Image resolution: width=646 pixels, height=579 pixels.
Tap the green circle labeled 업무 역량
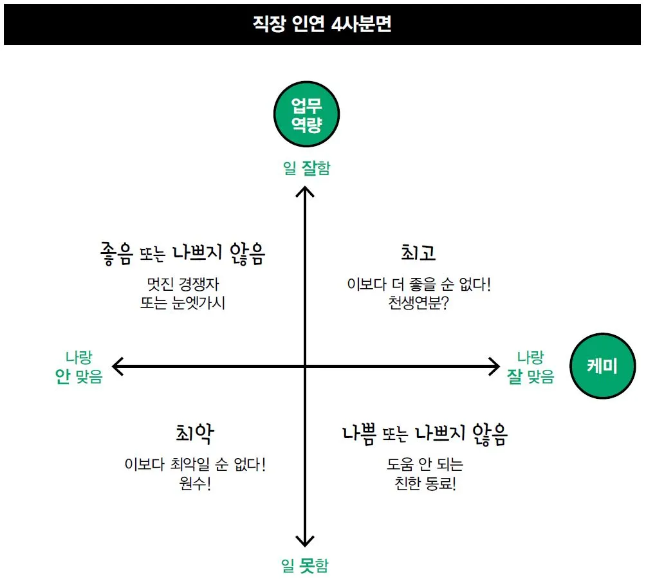click(306, 115)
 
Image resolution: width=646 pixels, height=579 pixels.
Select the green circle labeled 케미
click(602, 366)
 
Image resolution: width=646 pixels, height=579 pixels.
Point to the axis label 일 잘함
click(306, 169)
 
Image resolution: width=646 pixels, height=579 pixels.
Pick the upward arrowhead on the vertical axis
click(305, 191)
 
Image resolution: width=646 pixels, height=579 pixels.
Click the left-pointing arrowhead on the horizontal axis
click(117, 367)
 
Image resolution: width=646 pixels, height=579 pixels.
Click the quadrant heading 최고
click(418, 253)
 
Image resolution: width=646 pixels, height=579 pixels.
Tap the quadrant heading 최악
click(194, 434)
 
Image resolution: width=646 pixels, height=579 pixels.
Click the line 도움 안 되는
click(425, 464)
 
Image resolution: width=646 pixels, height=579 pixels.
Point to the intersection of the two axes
click(305, 367)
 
